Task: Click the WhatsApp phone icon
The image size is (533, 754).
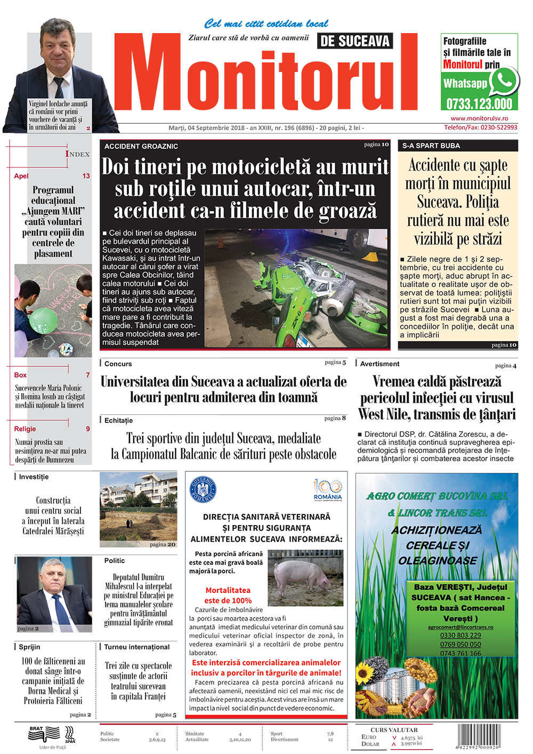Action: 503,81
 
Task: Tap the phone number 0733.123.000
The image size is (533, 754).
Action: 479,104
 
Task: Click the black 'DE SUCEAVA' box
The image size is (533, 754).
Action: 355,41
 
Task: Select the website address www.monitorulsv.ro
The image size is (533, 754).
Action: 479,118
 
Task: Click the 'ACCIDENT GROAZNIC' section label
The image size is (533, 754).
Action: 141,146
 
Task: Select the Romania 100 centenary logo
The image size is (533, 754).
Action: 327,489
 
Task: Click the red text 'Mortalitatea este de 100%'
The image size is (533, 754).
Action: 228,595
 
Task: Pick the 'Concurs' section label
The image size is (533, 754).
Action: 118,364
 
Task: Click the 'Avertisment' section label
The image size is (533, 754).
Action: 379,364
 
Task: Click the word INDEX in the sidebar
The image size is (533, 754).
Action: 78,154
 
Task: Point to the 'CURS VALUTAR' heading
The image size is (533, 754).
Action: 394,730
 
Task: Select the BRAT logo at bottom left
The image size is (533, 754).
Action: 45,734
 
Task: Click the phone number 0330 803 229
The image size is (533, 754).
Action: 460,635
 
